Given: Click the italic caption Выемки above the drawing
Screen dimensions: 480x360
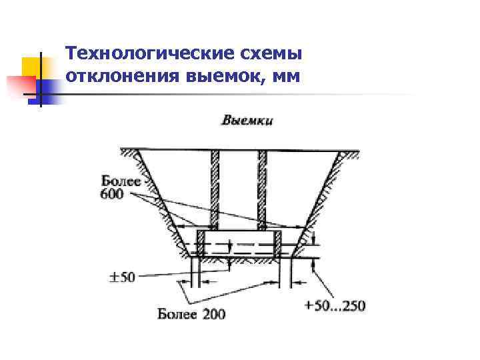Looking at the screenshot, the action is (x=247, y=121).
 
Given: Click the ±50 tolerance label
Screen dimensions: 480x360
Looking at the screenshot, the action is (x=121, y=276).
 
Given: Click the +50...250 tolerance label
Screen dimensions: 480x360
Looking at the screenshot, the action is (x=335, y=306).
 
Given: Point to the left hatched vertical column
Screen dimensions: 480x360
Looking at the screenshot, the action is (x=216, y=190).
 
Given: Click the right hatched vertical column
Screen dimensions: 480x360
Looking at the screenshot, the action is (x=262, y=190).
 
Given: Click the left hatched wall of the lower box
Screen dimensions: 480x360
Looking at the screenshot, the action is (x=200, y=244).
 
